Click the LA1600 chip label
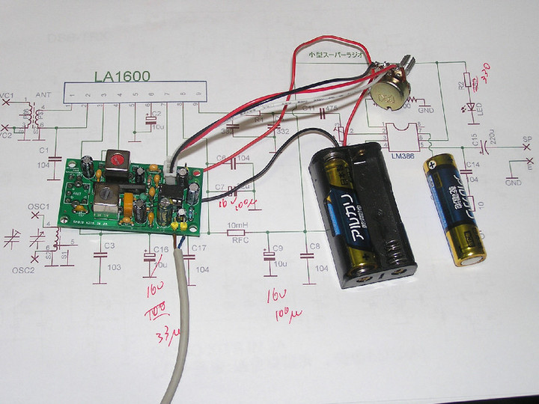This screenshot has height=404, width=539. click(123, 76)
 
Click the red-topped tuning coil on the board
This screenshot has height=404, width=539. click(116, 160)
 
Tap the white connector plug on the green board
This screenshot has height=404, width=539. click(174, 177)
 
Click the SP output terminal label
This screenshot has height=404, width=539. click(526, 139)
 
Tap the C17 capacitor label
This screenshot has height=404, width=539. click(199, 248)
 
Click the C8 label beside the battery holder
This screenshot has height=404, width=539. click(314, 245)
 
